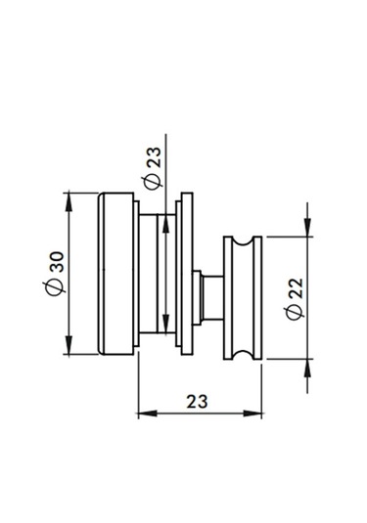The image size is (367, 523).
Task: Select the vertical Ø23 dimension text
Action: click(x=152, y=167)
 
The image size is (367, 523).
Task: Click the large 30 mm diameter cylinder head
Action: click(x=116, y=273)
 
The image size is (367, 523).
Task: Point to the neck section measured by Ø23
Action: click(x=153, y=273)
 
